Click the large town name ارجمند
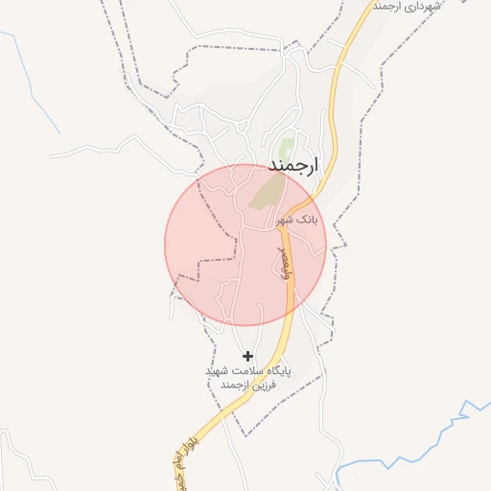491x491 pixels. [x=292, y=166]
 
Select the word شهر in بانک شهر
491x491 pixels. [x=285, y=220]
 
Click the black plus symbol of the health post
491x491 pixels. [x=248, y=356]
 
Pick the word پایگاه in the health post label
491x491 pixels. [x=276, y=370]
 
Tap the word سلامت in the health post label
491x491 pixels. [x=244, y=370]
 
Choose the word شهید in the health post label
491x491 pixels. [x=216, y=370]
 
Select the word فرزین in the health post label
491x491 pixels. [x=261, y=385]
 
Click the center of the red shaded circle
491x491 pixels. [x=246, y=245]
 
